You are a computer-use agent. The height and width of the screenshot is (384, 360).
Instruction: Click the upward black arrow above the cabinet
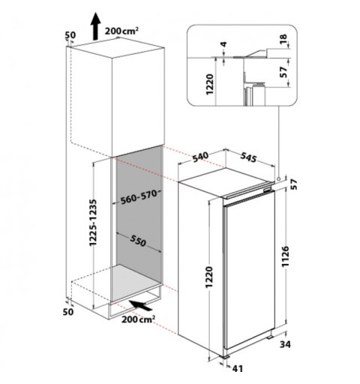pos(95,26)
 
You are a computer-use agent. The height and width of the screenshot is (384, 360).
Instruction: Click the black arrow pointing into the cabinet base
pos(140,305)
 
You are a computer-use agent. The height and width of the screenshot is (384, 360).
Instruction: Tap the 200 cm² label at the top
pos(121,31)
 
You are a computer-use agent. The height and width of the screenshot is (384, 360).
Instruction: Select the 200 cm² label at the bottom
pos(138,319)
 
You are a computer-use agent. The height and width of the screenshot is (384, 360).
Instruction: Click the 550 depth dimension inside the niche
pos(137,241)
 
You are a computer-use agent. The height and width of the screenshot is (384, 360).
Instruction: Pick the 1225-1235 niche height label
pos(93,223)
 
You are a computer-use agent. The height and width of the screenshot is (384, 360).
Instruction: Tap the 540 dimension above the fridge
pos(200,157)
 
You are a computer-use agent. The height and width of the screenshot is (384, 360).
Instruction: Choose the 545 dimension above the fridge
pos(248,157)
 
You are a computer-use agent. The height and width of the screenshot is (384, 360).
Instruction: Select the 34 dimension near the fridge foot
pos(285,344)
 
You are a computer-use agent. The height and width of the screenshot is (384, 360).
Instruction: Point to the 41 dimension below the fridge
pos(237,368)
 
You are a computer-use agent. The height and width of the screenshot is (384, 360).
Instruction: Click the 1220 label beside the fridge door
pos(209,277)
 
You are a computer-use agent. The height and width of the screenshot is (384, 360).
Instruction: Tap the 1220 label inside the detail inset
pos(209,84)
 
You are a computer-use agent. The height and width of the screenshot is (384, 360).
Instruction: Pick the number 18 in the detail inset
pos(283,39)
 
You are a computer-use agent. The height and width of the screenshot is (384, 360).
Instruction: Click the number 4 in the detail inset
pos(224,44)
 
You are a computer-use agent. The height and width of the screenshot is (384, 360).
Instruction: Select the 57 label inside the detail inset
pos(284,72)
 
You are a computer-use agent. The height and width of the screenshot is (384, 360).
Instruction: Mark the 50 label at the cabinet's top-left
pos(70,35)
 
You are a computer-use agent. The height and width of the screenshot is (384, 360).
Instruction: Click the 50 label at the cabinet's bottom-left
pos(68,312)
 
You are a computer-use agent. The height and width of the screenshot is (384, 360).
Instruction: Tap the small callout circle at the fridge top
pos(278,178)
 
